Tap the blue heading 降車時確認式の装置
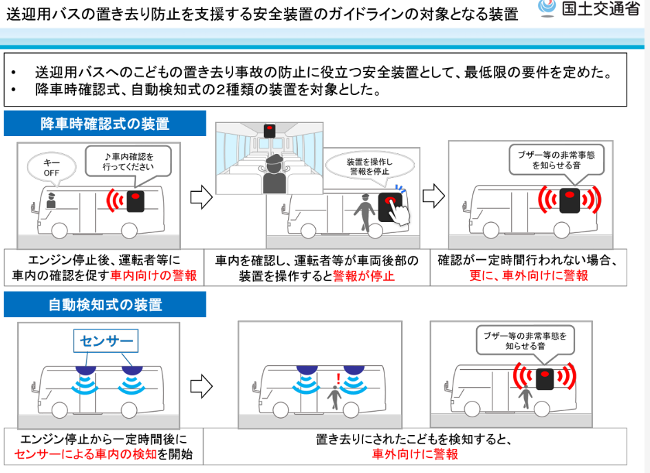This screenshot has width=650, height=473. click(x=105, y=124)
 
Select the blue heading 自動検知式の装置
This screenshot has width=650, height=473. click(x=105, y=305)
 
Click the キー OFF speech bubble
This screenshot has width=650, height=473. click(x=52, y=168)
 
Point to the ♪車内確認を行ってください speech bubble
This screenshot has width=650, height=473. click(x=129, y=162)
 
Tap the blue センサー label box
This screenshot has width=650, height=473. click(x=106, y=341)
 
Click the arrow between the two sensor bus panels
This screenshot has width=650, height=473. click(x=202, y=386)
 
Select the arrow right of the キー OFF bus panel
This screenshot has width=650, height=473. click(x=202, y=197)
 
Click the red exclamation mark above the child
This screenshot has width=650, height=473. click(x=338, y=379)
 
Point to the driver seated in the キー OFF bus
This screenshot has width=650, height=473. click(x=51, y=201)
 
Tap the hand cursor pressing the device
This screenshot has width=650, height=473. click(x=399, y=213)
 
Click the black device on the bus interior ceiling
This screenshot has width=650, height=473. click(x=270, y=131)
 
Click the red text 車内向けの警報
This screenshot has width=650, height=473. click(x=153, y=276)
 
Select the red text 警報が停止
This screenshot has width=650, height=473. click(x=364, y=276)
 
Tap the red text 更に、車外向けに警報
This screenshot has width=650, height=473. click(x=528, y=276)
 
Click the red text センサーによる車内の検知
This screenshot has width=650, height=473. click(x=85, y=454)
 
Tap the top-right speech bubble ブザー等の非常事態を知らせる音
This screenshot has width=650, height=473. click(x=556, y=160)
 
